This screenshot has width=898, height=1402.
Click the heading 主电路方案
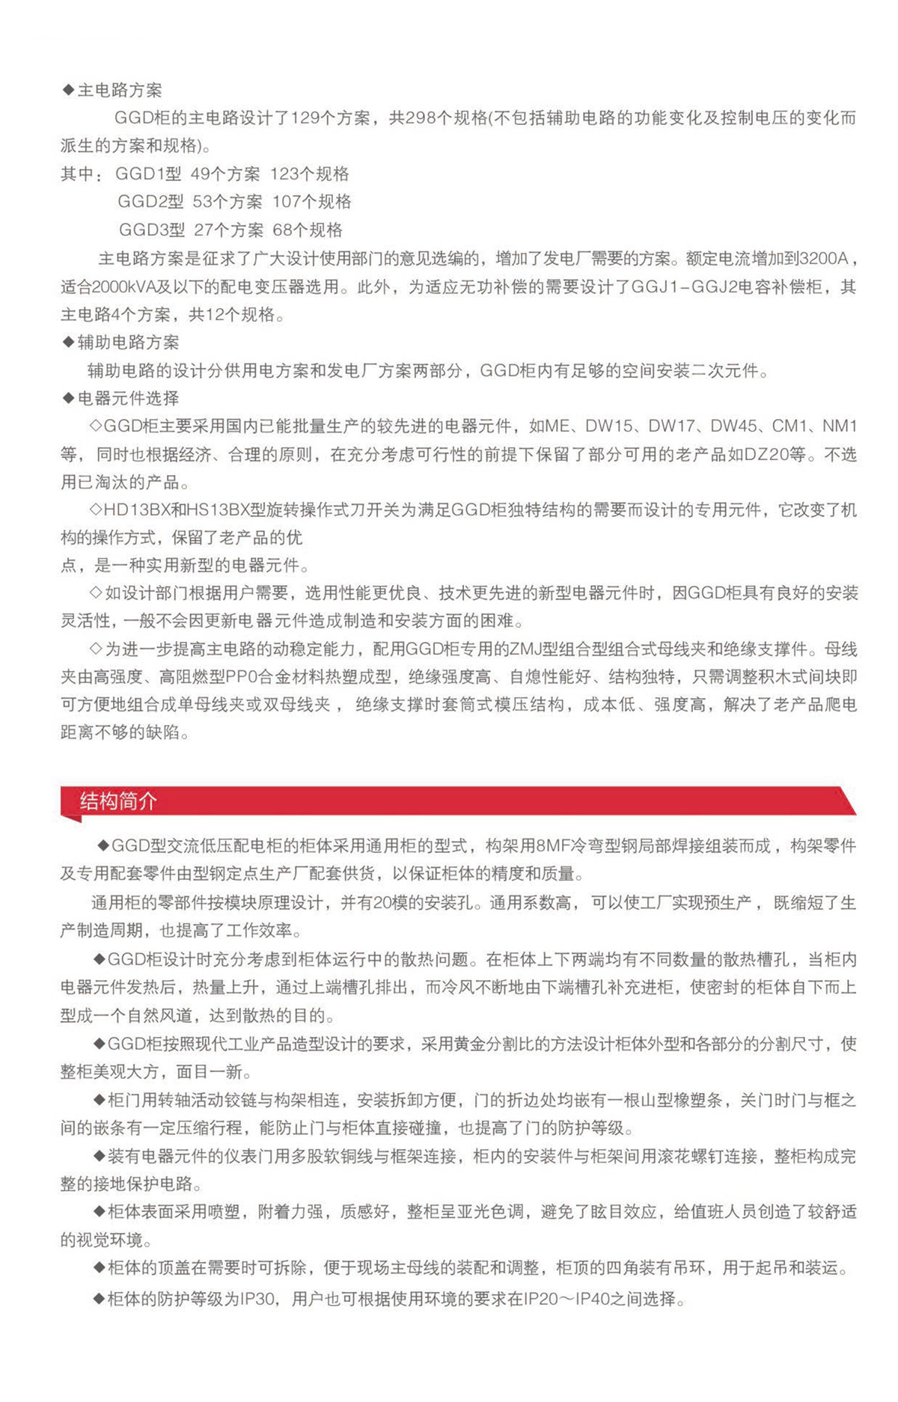tap(120, 91)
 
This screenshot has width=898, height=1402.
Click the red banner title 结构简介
tap(118, 801)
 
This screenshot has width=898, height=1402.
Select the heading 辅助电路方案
tap(128, 343)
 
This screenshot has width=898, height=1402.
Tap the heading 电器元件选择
tap(128, 399)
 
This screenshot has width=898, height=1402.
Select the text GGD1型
tap(148, 174)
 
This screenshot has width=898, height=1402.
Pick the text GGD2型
tap(150, 202)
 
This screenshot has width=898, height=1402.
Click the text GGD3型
tap(152, 230)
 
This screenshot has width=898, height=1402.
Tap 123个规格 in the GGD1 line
tap(309, 174)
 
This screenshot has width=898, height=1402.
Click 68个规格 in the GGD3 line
tap(308, 230)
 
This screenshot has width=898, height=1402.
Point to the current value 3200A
tap(823, 259)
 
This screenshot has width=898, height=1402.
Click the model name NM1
tap(839, 426)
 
